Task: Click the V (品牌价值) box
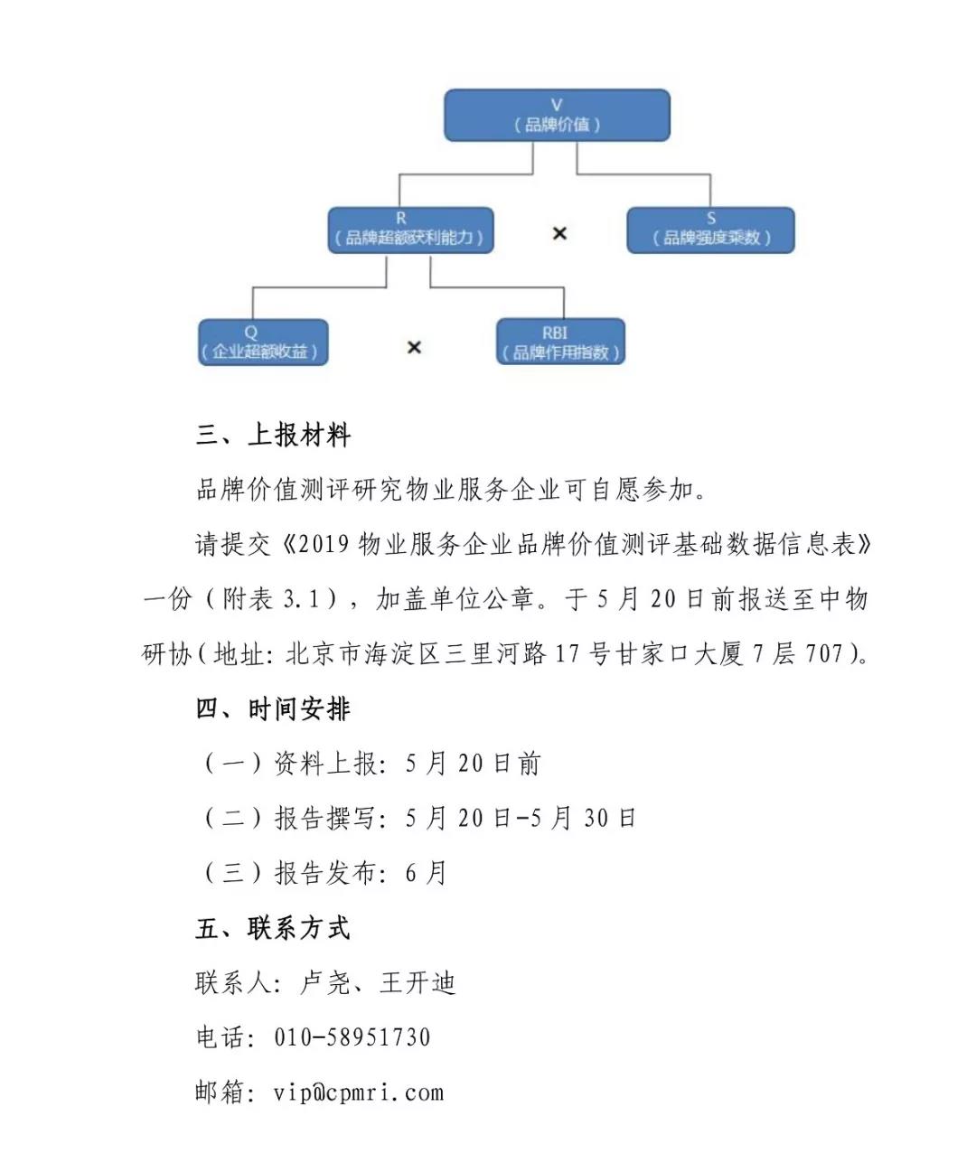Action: point(557,116)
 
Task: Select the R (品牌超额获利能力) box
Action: point(410,230)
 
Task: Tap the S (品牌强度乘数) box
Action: point(710,230)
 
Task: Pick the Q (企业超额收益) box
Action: point(262,342)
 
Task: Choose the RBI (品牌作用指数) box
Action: point(560,342)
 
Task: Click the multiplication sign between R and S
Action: point(559,233)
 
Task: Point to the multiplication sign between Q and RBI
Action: point(414,347)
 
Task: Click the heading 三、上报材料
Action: point(273,436)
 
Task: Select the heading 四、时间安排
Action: point(273,709)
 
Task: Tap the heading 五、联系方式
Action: point(273,928)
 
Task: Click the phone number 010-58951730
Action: point(352,1037)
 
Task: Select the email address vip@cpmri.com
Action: point(359,1093)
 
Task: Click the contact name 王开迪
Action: point(418,983)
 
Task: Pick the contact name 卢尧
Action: point(324,983)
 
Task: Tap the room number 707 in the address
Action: point(823,653)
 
